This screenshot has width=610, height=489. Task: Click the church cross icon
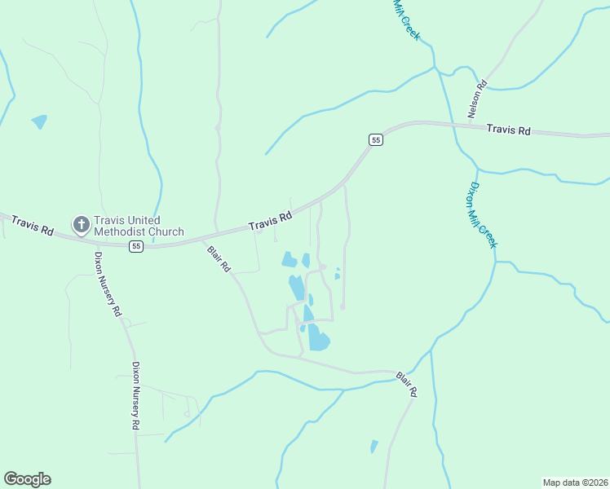81,223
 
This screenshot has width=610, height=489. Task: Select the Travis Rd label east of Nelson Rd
508,130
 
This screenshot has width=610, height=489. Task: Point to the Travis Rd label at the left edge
32,226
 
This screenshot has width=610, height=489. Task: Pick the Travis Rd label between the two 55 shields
270,221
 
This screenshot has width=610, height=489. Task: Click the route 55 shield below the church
136,246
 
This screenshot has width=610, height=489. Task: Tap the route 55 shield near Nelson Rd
375,139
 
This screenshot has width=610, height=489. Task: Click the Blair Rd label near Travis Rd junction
219,258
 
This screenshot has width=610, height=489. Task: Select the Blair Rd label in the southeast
407,384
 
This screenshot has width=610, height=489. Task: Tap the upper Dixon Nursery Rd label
107,283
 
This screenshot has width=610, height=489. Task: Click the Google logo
27,479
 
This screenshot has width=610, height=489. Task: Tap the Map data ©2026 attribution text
575,482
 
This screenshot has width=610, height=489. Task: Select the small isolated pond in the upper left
39,121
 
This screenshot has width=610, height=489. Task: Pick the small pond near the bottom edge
374,446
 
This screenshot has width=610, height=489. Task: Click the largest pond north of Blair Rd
318,337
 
